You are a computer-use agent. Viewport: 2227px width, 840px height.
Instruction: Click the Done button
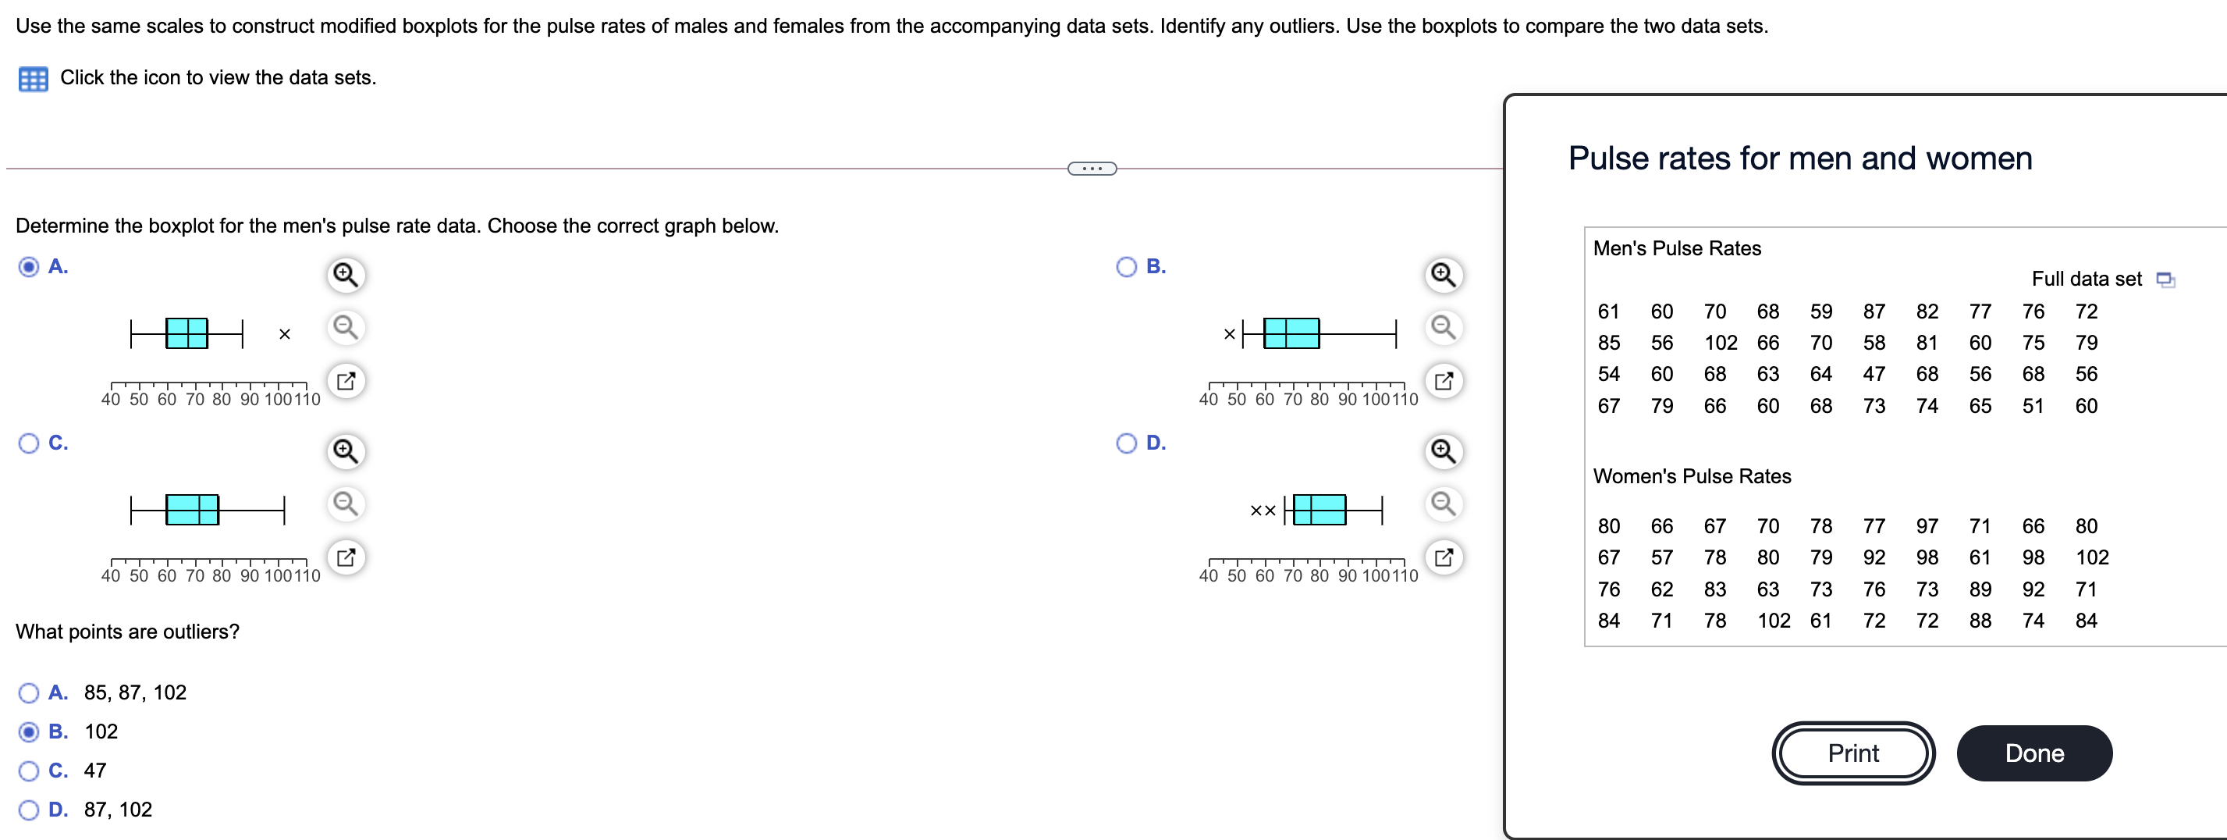2033,753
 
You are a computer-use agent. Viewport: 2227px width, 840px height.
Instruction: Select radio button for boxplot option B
1126,266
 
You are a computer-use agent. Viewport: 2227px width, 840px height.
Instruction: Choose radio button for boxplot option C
29,443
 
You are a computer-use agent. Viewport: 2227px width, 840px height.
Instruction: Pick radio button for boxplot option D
1126,443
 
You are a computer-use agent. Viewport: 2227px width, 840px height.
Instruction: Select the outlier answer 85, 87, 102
29,692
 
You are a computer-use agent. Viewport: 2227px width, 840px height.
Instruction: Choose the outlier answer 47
29,770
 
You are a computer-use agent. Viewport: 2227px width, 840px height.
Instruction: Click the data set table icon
33,79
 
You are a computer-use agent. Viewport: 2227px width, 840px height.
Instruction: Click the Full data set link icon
2165,279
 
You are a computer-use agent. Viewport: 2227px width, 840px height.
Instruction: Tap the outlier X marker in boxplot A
285,334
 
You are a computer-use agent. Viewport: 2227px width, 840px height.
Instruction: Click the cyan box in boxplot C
192,510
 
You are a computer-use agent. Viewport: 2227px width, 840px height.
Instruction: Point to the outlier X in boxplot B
1229,334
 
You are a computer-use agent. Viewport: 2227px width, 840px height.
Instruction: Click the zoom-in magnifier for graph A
346,275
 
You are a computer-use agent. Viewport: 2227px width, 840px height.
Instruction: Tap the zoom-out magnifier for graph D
1443,504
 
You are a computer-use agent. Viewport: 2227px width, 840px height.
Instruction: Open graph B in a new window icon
1443,381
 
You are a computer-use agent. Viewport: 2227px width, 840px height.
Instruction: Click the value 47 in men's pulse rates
1874,374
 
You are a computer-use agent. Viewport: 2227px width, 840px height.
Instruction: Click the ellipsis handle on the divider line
1092,168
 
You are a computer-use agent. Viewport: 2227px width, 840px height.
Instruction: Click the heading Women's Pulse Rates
1691,475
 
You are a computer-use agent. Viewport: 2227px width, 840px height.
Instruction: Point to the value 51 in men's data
2033,406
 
